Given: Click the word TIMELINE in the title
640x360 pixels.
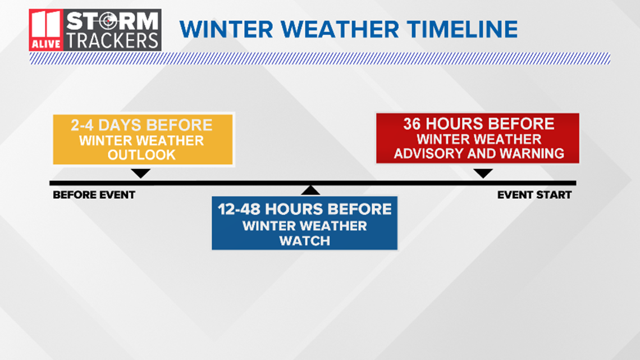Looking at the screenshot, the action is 462,29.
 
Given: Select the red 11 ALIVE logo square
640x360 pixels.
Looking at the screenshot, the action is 46,30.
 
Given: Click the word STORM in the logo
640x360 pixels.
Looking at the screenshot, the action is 112,21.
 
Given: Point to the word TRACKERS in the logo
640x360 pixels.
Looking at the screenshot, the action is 112,41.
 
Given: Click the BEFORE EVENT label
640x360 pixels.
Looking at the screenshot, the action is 94,195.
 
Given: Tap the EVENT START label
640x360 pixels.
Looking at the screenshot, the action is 534,195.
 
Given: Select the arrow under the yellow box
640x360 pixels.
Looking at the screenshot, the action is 141,173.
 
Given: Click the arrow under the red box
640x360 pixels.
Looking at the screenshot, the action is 483,173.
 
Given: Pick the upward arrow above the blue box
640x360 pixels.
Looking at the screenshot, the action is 310,190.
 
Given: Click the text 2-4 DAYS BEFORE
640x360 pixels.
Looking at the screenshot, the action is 141,125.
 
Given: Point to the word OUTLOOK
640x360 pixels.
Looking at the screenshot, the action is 141,155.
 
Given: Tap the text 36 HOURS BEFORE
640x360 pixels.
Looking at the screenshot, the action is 479,124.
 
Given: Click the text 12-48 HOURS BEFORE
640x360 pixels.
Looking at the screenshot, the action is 304,209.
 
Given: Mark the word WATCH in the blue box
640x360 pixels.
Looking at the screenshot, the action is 304,241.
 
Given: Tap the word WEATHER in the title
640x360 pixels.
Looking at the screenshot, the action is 340,29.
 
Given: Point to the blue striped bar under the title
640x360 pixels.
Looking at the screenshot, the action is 320,58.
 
